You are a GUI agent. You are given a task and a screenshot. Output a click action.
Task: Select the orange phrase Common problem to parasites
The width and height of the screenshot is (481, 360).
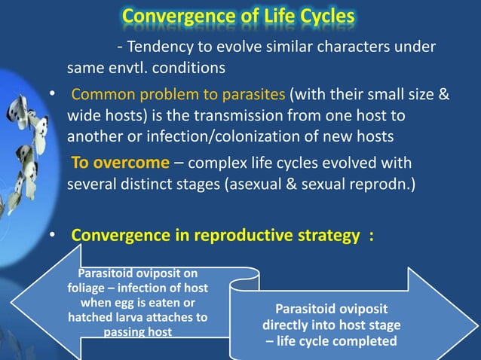(179, 96)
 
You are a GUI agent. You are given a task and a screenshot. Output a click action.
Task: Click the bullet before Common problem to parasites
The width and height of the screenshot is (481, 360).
(51, 96)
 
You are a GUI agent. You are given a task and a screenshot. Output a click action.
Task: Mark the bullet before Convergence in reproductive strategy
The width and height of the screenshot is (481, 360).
(51, 236)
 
